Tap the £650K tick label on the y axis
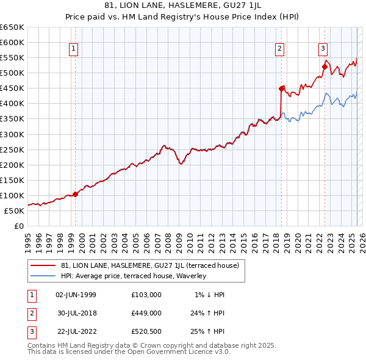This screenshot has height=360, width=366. (12, 27)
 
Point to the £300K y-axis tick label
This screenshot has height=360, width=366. (12, 134)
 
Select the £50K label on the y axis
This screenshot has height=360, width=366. (15, 211)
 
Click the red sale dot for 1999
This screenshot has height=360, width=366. (76, 194)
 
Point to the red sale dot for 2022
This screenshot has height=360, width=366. (325, 67)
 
